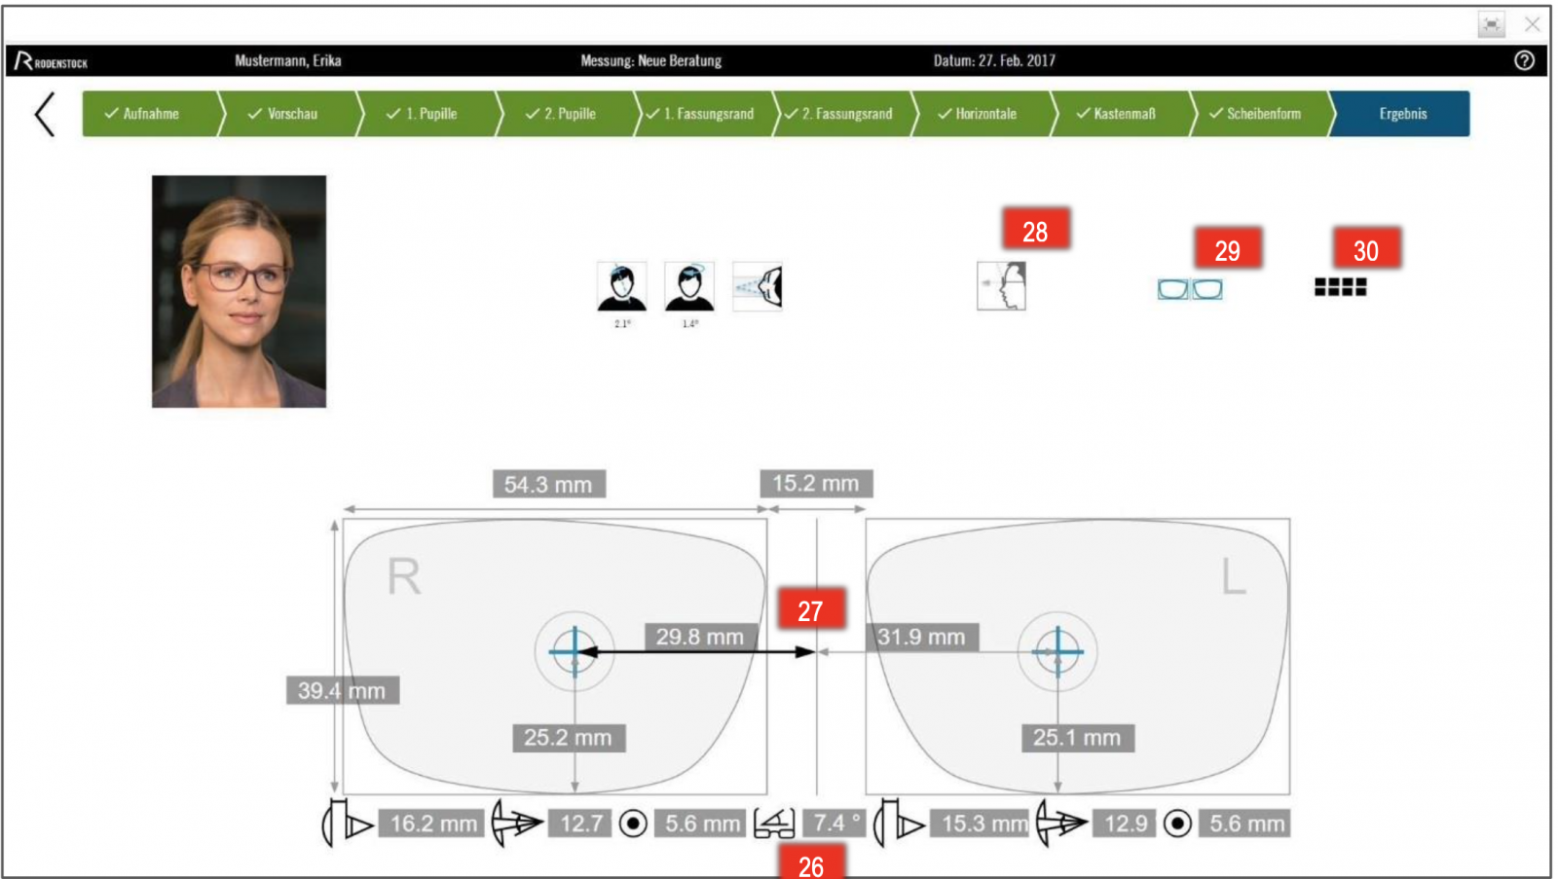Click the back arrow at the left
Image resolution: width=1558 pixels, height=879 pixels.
tap(45, 114)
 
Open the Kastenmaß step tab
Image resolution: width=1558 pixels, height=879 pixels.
tap(1122, 114)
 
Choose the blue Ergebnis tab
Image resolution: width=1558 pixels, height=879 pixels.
tap(1402, 114)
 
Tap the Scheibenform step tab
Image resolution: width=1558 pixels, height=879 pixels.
tap(1260, 114)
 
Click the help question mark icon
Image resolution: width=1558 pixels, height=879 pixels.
tap(1524, 60)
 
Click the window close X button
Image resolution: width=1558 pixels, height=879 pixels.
tap(1532, 24)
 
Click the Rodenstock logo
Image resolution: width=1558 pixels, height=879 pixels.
tap(51, 61)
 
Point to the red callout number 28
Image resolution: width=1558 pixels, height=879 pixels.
tap(1035, 231)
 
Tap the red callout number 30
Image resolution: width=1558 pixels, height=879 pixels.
tap(1366, 250)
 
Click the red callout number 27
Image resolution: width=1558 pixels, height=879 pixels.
tap(810, 610)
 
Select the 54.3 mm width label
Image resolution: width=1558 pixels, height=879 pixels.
tap(548, 484)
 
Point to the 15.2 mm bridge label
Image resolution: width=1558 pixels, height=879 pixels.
tap(816, 483)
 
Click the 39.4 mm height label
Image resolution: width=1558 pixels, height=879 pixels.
tap(342, 690)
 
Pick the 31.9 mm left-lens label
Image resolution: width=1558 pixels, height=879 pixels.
tap(921, 638)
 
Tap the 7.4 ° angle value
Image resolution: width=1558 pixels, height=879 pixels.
tap(835, 824)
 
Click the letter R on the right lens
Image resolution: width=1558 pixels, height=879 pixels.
tap(404, 577)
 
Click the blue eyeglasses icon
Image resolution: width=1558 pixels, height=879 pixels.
tap(1189, 289)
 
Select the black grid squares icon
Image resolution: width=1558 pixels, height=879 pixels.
tap(1340, 286)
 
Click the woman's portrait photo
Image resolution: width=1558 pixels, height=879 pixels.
tap(239, 291)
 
